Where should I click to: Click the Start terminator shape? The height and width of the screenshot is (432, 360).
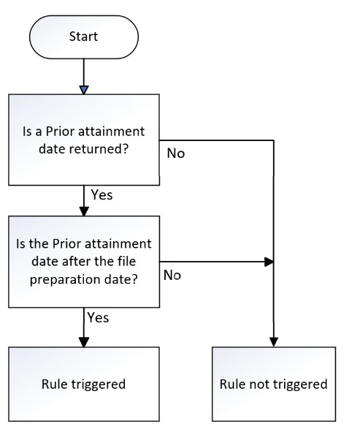click(x=84, y=37)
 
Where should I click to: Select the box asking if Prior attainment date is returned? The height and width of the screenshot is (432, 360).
click(x=84, y=140)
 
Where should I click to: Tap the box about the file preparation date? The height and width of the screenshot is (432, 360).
click(x=84, y=262)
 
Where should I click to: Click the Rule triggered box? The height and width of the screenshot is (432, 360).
click(x=84, y=384)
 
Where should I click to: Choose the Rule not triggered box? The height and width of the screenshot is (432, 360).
click(x=274, y=384)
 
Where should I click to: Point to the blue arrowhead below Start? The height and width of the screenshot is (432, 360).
click(x=84, y=90)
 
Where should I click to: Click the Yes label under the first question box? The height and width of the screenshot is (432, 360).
click(x=102, y=194)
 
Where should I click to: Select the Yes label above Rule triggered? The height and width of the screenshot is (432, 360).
click(x=99, y=317)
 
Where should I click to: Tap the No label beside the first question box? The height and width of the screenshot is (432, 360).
click(x=176, y=154)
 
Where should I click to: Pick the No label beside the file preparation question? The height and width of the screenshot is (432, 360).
click(x=172, y=275)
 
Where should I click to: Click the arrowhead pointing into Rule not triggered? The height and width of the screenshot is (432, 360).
click(x=274, y=342)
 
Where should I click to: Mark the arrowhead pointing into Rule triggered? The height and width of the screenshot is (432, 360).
click(x=84, y=342)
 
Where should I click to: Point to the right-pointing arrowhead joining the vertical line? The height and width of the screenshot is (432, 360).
click(x=269, y=262)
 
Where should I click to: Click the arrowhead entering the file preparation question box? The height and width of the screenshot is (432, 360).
click(x=84, y=211)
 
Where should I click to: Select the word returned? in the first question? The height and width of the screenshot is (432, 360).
click(x=99, y=149)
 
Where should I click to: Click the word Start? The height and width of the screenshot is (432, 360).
click(x=84, y=37)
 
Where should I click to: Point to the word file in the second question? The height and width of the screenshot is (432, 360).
click(x=127, y=261)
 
